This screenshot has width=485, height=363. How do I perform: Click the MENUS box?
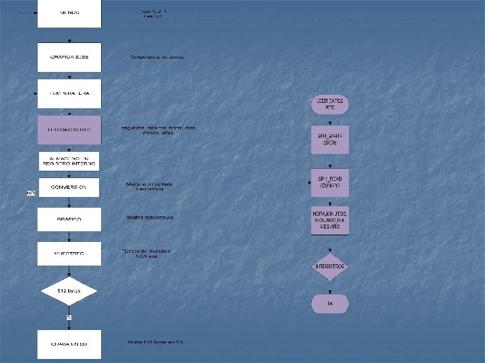pos(69,13)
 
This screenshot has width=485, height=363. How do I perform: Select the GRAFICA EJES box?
pos(69,57)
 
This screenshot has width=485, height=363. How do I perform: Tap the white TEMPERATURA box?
pos(69,93)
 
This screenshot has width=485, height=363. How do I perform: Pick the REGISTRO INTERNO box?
pos(69,161)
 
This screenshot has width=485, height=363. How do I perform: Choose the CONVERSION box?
pos(69,188)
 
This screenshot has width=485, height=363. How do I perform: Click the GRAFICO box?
pos(69,219)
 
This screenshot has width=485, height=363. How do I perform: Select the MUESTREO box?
pos(69,253)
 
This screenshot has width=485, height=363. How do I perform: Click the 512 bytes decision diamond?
pos(69,291)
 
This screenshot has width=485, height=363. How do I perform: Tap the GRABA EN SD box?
pos(69,344)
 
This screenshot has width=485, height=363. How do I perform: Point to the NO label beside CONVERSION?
pos(30,194)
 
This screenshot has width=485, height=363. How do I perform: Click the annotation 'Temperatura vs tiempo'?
pos(157,57)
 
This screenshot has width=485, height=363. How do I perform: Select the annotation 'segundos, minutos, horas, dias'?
pos(159,130)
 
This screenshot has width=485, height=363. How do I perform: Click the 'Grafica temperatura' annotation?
pos(150,218)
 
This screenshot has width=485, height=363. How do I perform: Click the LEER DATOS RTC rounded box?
pos(330,104)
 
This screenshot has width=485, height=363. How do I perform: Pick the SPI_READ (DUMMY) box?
pos(330,182)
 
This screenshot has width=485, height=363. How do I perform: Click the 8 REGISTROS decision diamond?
pos(330,266)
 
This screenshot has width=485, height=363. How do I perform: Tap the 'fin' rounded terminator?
pos(330,304)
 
